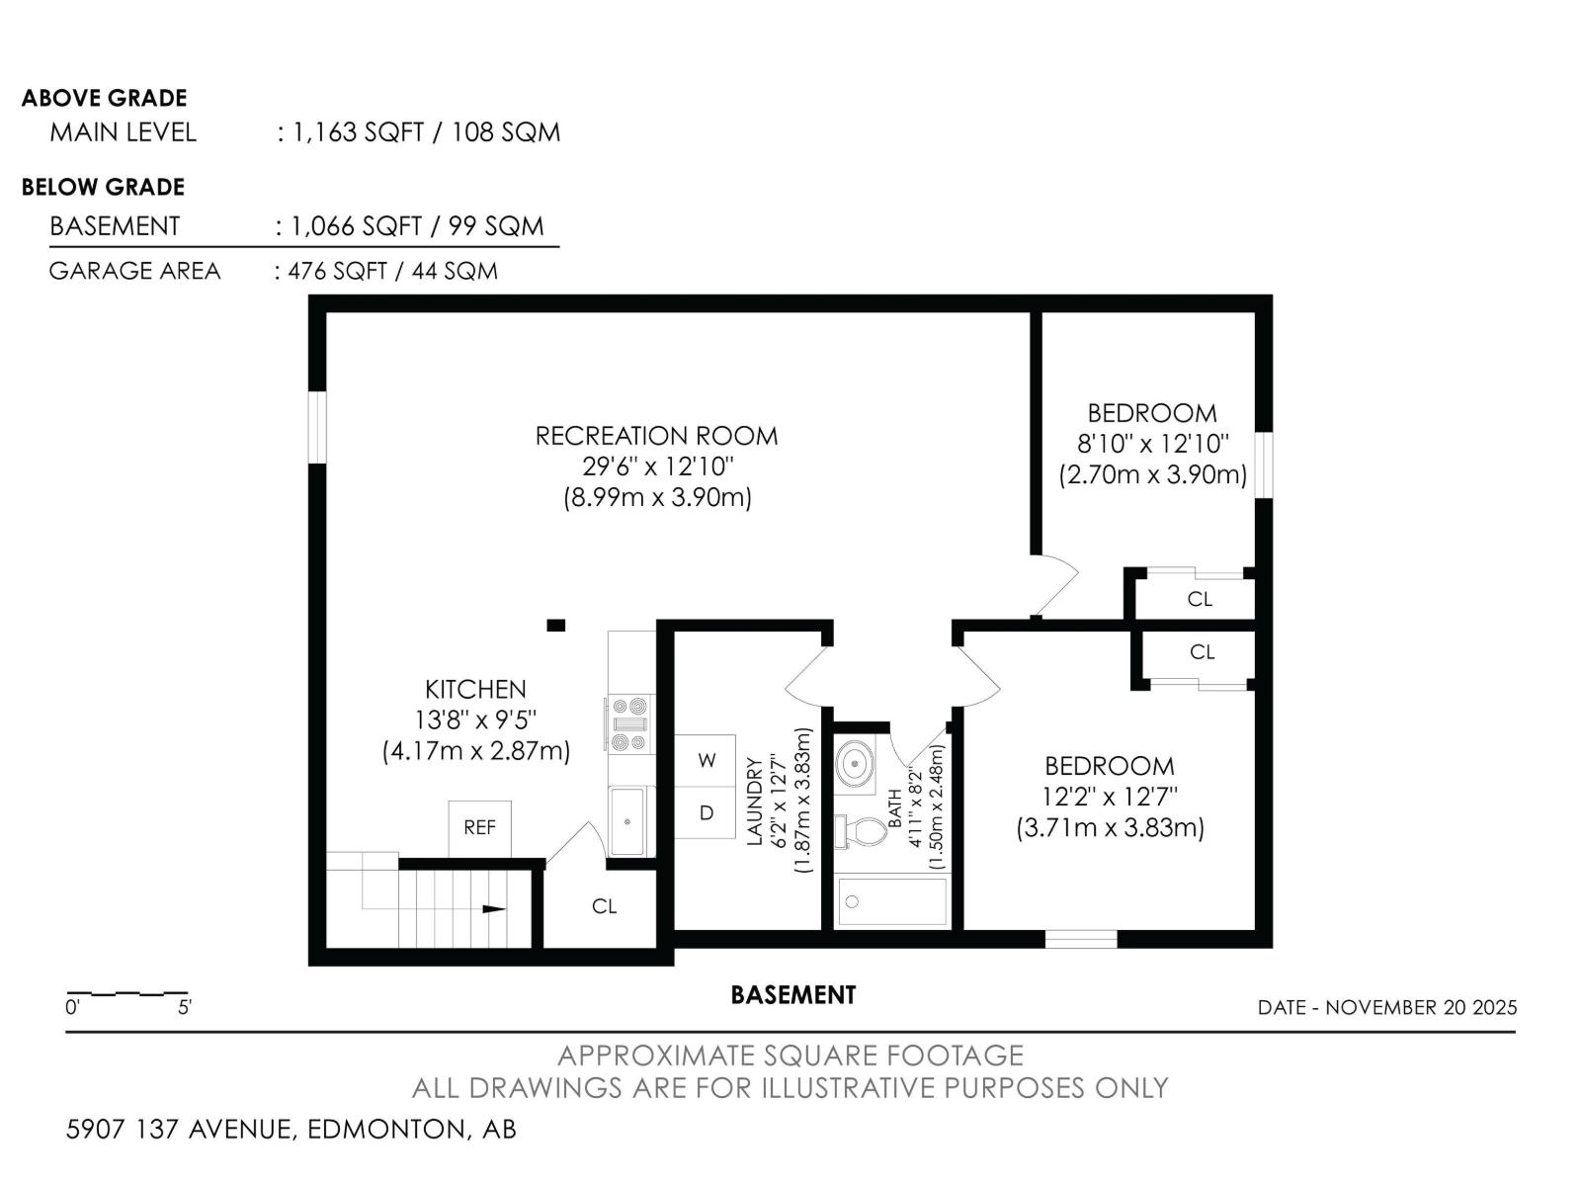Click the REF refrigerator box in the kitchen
[480, 828]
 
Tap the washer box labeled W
[706, 760]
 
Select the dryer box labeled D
[706, 813]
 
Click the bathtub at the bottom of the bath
[892, 901]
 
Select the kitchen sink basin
[626, 820]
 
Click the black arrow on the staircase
[493, 909]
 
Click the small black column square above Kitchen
[556, 625]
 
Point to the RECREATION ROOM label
[656, 436]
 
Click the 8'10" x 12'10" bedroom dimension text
[1152, 444]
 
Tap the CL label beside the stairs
[605, 906]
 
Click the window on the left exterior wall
[317, 427]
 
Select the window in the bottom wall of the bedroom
[1081, 939]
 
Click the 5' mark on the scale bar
[185, 1008]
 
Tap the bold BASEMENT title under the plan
[792, 995]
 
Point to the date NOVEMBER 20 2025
[1421, 1008]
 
